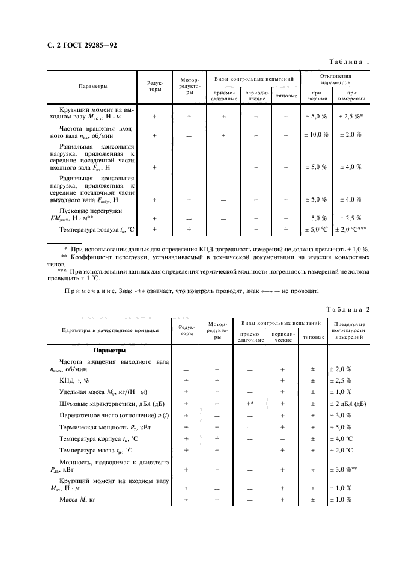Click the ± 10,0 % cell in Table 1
(317, 135)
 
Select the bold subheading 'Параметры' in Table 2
(92, 350)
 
